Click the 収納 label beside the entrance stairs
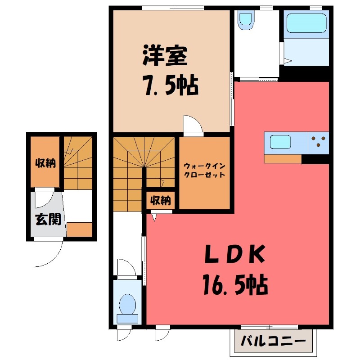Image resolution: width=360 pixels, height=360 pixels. pos(45,162)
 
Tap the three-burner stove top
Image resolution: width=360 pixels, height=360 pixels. pos(319,141)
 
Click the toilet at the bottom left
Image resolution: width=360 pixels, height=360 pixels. pos(128,306)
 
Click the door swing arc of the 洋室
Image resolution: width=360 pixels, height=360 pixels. pos(193,124)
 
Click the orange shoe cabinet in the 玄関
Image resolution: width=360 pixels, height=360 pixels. pos(79,229)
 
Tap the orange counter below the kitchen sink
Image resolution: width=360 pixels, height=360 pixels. pos(283,159)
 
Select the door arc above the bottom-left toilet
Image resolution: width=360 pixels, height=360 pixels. pos(126,267)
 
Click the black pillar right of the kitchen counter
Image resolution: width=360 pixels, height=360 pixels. pos(315,159)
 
